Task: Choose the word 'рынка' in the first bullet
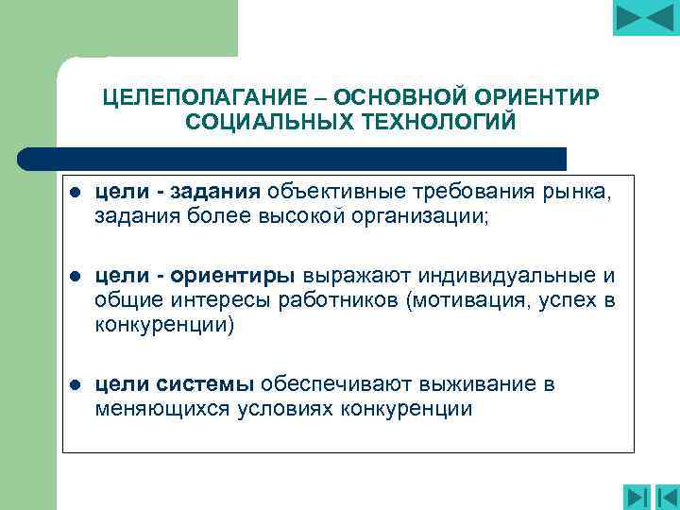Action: (x=578, y=194)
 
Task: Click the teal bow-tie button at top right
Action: (x=645, y=18)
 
